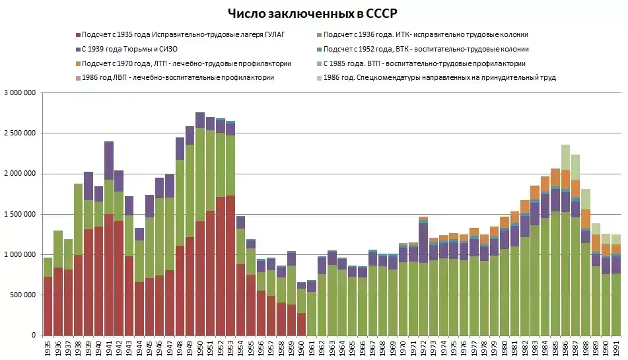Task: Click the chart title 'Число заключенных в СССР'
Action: click(313, 13)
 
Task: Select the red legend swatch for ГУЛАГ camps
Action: click(77, 35)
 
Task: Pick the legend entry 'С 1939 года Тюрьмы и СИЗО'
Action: click(130, 50)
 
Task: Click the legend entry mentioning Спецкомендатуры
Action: click(440, 78)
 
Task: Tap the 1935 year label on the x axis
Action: click(48, 348)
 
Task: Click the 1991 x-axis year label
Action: click(616, 348)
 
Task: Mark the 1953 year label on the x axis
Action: click(230, 348)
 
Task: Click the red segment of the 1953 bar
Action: click(230, 264)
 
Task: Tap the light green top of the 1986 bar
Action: click(566, 157)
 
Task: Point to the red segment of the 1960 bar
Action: click(301, 324)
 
